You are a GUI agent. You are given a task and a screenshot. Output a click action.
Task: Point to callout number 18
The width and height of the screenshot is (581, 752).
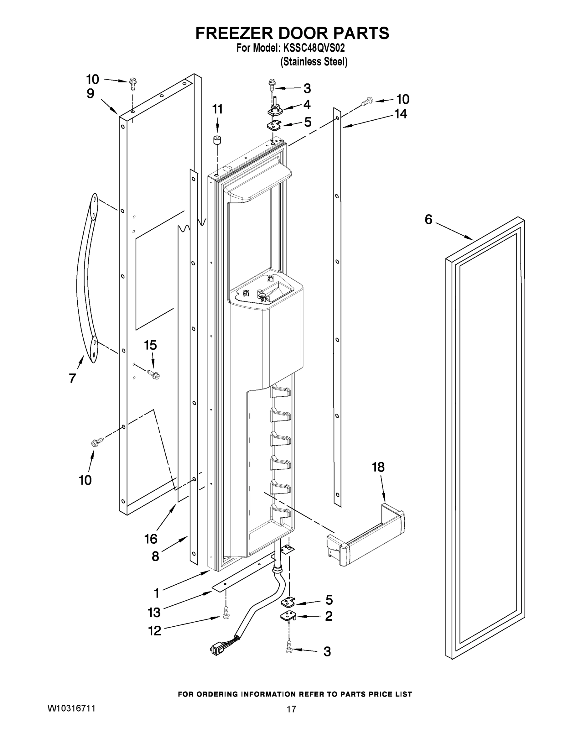pyautogui.click(x=378, y=467)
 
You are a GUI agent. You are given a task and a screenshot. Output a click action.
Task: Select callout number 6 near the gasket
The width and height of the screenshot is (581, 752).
pyautogui.click(x=428, y=219)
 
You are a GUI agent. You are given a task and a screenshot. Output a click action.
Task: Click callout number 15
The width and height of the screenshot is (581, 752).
pyautogui.click(x=150, y=345)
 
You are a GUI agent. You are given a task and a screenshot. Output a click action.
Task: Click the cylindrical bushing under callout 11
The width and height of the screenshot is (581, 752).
pyautogui.click(x=216, y=141)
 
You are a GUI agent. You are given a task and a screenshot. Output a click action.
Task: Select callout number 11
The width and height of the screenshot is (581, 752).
pyautogui.click(x=217, y=109)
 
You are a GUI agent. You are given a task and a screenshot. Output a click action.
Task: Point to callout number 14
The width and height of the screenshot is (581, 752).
pyautogui.click(x=401, y=114)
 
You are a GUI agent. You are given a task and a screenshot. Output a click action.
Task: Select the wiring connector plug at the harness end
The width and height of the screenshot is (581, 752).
pyautogui.click(x=216, y=650)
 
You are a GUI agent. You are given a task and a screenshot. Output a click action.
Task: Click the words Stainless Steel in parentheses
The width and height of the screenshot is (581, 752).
pyautogui.click(x=314, y=62)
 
